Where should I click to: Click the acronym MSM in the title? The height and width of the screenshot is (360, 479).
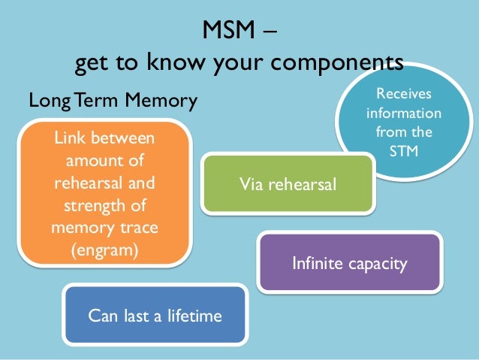pos(228,32)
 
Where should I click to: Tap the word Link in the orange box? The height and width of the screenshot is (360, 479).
pos(72,139)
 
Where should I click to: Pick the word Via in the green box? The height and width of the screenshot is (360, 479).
pos(251,183)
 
